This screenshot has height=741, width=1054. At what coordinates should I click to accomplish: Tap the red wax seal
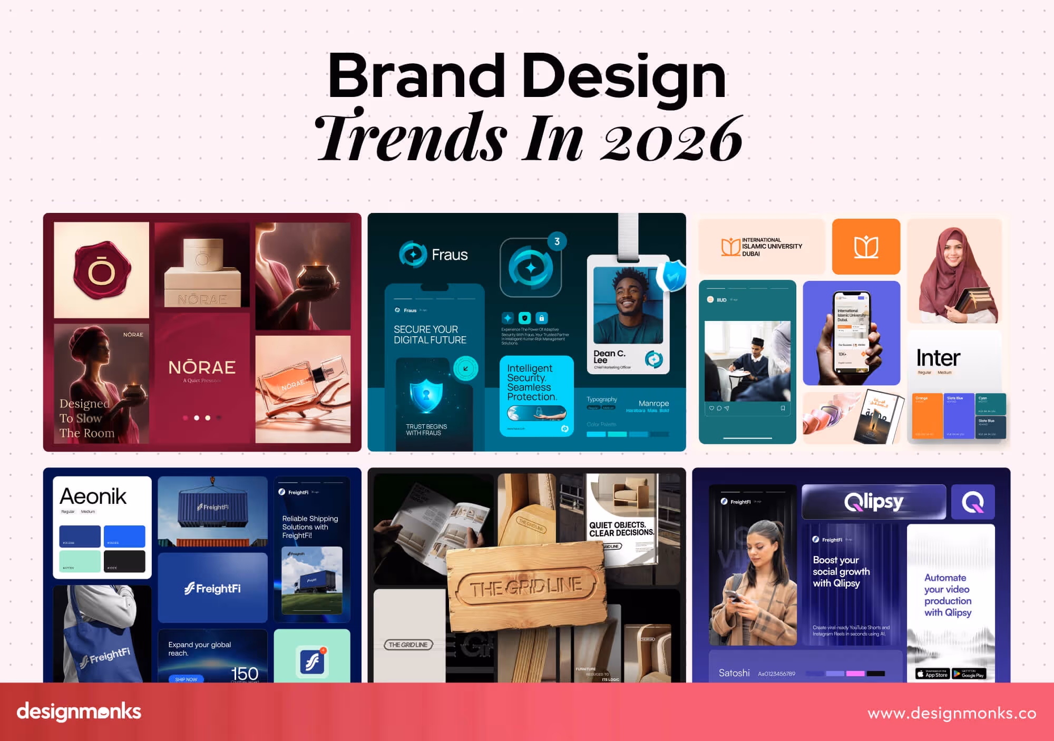pos(101,269)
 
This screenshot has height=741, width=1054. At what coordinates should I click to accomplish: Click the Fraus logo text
pos(450,255)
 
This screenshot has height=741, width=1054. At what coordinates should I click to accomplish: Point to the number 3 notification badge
pos(557,241)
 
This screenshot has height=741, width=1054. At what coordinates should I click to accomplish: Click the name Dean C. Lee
pos(609,356)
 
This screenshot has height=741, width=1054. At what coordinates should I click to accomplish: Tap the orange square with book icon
pos(866,247)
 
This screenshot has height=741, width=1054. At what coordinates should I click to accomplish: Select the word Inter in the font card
pos(938,358)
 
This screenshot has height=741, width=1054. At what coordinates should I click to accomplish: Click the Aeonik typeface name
pos(93,496)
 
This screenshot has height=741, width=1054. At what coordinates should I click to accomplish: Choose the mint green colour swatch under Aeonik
pos(80,561)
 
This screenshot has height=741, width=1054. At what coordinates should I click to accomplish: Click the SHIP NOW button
pos(186,679)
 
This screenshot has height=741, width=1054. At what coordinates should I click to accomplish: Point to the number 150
pos(245,673)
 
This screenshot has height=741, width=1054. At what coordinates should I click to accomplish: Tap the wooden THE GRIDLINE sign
pos(526,587)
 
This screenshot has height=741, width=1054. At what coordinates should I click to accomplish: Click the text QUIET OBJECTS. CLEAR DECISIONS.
pos(621,529)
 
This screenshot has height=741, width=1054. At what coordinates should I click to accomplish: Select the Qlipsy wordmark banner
pos(873,502)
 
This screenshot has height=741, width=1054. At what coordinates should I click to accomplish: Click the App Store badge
pos(932,674)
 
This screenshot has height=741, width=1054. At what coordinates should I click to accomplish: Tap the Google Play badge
pos(969,674)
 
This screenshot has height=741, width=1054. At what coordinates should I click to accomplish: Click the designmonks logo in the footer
pos(79,711)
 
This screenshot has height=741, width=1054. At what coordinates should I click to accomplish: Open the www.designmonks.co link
pos(952,713)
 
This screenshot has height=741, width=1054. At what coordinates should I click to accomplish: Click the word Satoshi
pos(734,673)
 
